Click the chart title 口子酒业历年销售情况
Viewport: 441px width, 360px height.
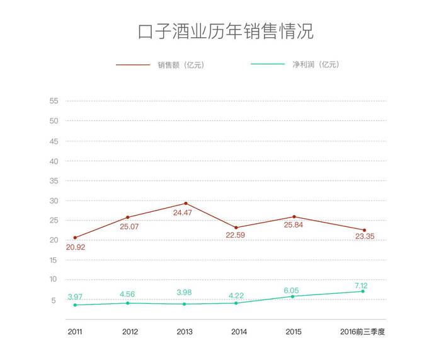click(225, 32)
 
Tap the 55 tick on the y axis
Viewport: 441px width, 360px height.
click(54, 101)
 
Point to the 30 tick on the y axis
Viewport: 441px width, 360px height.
click(54, 200)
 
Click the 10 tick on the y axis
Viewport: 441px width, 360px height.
click(54, 280)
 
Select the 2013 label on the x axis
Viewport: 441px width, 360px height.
click(185, 332)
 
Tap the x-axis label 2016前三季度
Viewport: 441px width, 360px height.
click(362, 332)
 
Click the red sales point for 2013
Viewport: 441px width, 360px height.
click(186, 204)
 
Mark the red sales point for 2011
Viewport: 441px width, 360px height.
click(75, 238)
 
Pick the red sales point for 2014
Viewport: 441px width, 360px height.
click(236, 228)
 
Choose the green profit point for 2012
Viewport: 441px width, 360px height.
click(128, 303)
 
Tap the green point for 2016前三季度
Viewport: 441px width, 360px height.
click(363, 291)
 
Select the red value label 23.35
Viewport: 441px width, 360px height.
click(365, 237)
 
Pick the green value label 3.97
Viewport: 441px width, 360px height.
click(75, 297)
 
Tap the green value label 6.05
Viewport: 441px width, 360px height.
click(294, 289)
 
